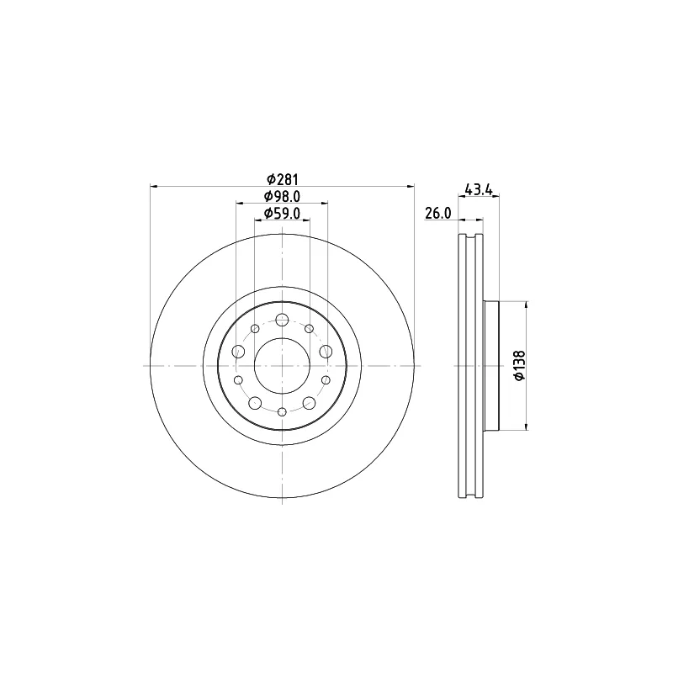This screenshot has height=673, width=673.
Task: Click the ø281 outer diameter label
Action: [x=282, y=179]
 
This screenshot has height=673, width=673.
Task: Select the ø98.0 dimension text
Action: [x=282, y=196]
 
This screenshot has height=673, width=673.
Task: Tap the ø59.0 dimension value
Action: [x=282, y=214]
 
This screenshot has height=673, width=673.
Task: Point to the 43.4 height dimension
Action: [x=478, y=189]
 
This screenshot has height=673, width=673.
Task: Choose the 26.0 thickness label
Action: [x=437, y=213]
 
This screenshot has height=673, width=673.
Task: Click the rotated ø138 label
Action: [x=519, y=365]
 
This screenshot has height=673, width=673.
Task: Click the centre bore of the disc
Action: [x=282, y=366]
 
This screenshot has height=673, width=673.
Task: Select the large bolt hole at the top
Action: [x=282, y=320]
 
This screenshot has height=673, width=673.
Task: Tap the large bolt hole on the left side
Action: [x=238, y=352]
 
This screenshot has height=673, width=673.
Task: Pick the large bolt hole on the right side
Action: [x=326, y=352]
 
